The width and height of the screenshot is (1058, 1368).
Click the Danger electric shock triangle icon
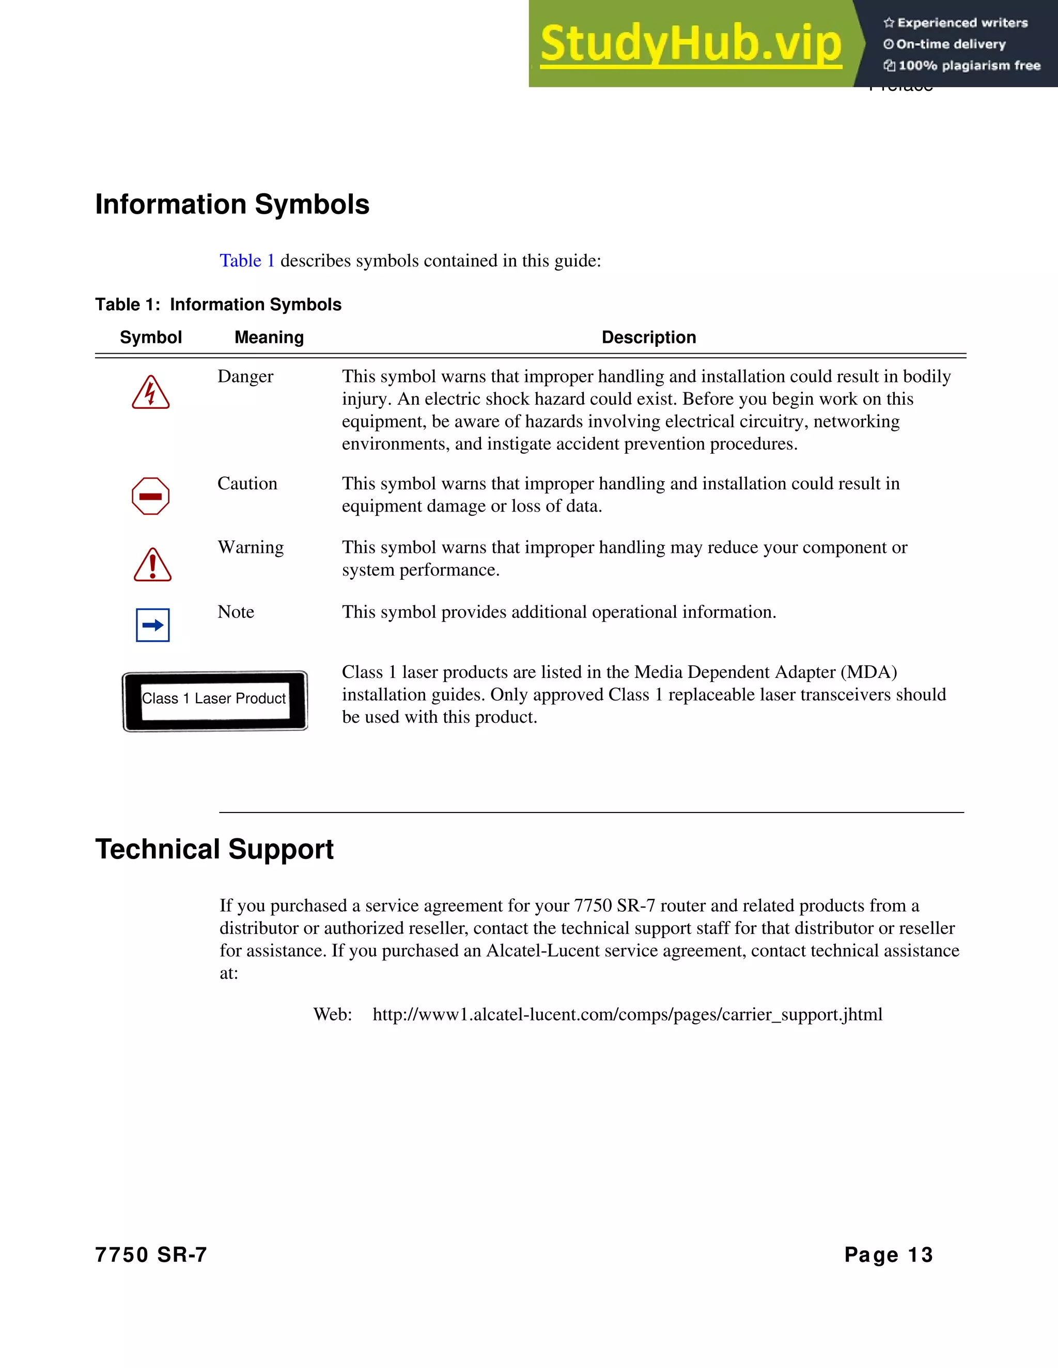point(150,393)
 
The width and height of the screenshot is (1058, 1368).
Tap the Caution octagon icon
point(150,496)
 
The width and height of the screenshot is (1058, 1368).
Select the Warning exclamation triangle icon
point(152,565)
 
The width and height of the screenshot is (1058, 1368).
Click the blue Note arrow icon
point(153,625)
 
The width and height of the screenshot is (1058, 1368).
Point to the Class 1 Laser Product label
point(215,701)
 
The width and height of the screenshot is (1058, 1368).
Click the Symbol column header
point(150,338)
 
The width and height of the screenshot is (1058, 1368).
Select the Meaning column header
point(269,338)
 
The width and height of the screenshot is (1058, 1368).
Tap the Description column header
point(649,338)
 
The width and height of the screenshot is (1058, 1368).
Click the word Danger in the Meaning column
point(245,376)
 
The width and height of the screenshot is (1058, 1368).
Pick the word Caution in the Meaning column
point(247,484)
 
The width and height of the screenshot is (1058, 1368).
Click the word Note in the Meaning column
point(236,612)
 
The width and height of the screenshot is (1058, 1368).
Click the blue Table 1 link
point(247,261)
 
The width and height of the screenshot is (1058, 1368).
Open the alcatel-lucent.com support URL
point(627,1014)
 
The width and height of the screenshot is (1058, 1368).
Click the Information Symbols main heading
point(232,205)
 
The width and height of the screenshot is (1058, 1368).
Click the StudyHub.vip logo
point(690,44)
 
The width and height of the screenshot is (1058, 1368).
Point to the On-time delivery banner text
point(950,44)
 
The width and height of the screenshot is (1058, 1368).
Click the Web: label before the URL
point(332,1014)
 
